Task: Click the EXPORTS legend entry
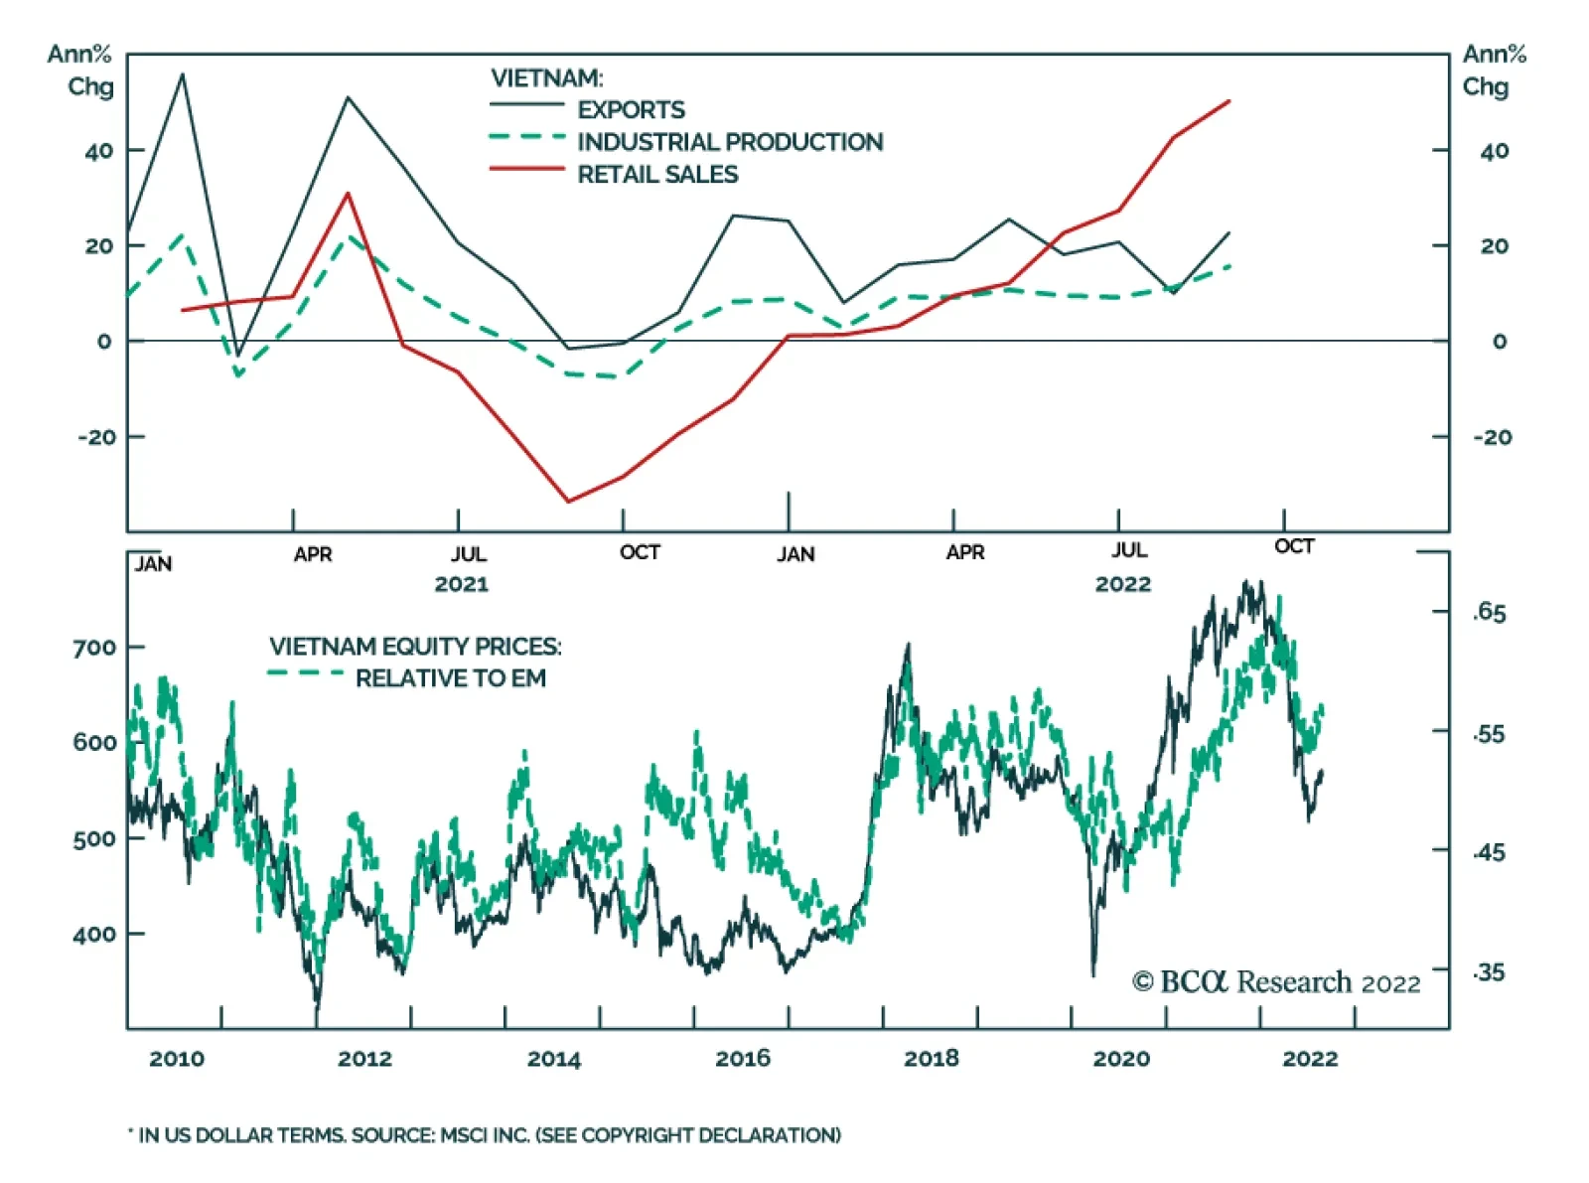point(631,109)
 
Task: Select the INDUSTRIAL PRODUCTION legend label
point(730,142)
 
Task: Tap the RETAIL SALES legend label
point(657,175)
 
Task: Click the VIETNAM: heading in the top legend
point(546,77)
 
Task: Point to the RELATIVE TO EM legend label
point(450,678)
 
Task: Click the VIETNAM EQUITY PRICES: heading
point(415,647)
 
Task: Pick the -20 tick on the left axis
point(96,437)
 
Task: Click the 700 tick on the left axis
point(94,648)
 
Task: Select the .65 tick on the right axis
point(1488,612)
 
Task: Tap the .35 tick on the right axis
point(1488,972)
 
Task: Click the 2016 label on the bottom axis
point(742,1059)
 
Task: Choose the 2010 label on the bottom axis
point(177,1059)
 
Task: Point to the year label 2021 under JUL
point(461,584)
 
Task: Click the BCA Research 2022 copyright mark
point(1276,982)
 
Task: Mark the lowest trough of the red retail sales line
point(568,502)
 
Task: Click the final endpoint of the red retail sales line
point(1229,100)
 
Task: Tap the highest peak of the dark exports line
point(183,74)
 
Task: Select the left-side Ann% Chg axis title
point(81,70)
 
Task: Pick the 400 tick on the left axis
point(94,935)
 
